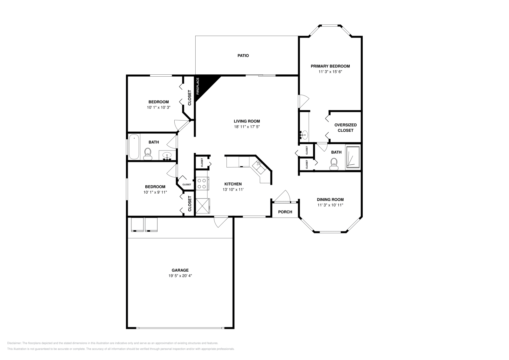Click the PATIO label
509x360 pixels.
[243, 56]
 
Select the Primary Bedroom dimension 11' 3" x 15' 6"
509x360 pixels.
[330, 72]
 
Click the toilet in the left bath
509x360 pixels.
[147, 154]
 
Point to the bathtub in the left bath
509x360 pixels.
[134, 147]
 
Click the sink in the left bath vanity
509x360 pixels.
[167, 156]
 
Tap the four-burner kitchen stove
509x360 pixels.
[202, 183]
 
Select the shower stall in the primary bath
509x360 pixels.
[353, 157]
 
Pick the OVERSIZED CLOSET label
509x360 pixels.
[345, 128]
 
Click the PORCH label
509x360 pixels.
[285, 212]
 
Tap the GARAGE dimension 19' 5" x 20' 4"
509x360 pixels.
[180, 276]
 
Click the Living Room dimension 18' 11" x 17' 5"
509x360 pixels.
[247, 127]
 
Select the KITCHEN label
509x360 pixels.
[233, 184]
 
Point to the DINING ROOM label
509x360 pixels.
[330, 199]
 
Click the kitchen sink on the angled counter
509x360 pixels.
[258, 165]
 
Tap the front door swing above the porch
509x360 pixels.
[284, 196]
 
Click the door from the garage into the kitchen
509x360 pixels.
[220, 222]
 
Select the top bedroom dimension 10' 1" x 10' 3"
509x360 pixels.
[158, 107]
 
